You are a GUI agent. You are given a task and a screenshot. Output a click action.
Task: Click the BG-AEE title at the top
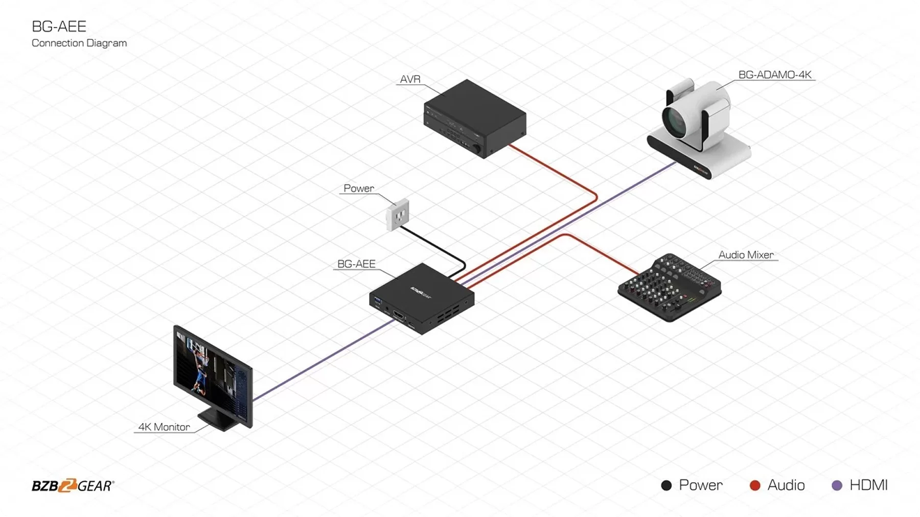click(59, 27)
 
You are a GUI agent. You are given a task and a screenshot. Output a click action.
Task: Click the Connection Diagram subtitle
click(79, 43)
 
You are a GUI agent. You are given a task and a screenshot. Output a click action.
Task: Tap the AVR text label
click(410, 80)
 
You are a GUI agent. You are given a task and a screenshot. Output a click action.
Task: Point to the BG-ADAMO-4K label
click(775, 75)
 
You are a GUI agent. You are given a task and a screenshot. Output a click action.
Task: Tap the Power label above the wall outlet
click(359, 189)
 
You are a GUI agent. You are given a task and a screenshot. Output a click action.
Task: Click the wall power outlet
click(398, 214)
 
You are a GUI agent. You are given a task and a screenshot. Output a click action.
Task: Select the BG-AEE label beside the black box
click(356, 264)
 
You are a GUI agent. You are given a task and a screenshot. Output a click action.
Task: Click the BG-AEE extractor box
click(422, 299)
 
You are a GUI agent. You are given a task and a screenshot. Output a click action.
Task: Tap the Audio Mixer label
click(746, 255)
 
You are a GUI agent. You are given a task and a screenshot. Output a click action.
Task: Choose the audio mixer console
click(670, 288)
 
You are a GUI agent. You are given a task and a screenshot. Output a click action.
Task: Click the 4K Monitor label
click(164, 427)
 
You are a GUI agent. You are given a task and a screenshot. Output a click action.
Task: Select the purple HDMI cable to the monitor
click(322, 360)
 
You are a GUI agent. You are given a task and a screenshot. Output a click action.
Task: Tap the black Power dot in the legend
click(666, 485)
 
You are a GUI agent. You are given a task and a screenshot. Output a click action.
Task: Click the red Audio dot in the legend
click(755, 485)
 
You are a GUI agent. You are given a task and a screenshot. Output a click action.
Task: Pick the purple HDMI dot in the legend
click(837, 485)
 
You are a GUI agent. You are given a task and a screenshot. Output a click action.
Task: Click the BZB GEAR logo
click(73, 486)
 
